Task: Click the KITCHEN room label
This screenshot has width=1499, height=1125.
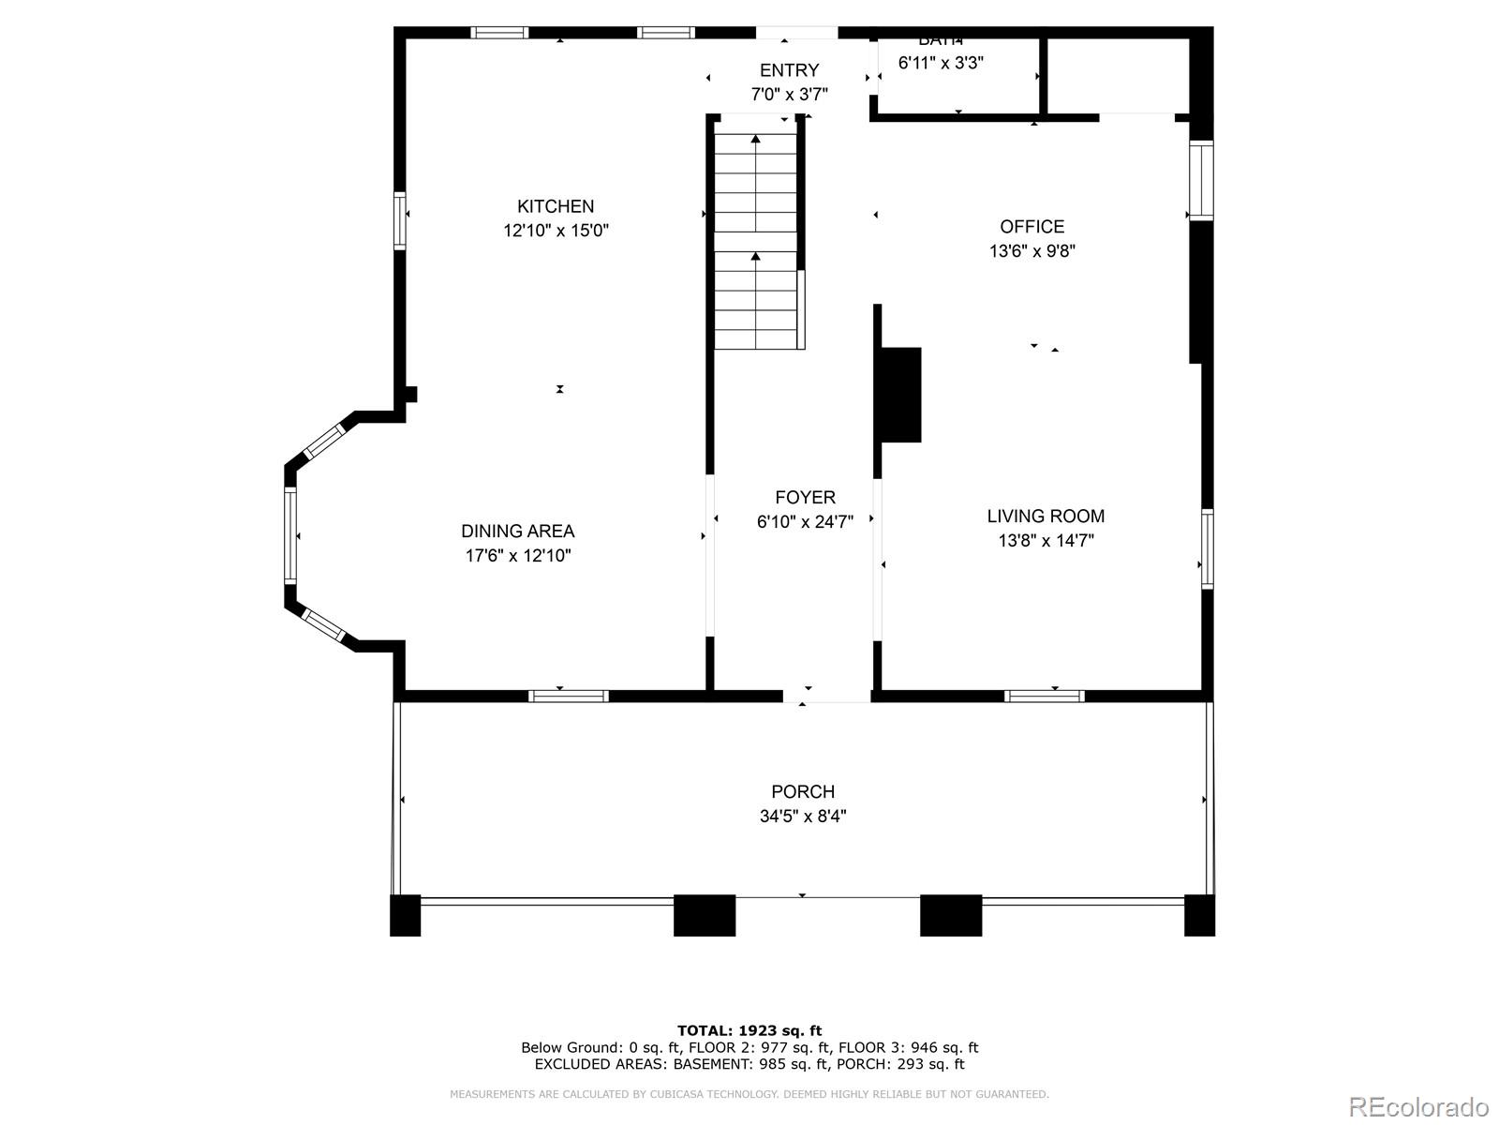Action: coord(556,206)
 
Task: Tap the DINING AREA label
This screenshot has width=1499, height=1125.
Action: coord(517,531)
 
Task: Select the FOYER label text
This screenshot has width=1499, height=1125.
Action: coord(805,497)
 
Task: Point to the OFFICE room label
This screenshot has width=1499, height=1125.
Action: coord(1031,226)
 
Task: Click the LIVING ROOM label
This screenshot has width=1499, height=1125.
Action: coord(1046,516)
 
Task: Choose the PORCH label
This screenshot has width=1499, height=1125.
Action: coord(803,791)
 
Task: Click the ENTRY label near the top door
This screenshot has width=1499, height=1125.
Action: coord(789,70)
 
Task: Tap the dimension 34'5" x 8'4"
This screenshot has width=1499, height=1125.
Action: coord(803,817)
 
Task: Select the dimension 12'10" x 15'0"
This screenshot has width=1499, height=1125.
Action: coord(556,231)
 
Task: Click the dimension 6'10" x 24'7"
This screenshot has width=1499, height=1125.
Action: coord(805,522)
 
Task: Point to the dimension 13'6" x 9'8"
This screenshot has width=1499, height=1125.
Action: coord(1031,251)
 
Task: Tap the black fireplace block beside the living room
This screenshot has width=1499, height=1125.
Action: coord(899,394)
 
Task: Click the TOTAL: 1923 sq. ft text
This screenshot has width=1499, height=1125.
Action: coord(749,1030)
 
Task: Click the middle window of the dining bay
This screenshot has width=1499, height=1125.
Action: coord(290,535)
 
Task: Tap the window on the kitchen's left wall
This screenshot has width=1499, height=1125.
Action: coord(400,220)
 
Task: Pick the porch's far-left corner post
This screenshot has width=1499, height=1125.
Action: coord(405,915)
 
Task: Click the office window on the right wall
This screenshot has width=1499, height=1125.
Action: coord(1201,180)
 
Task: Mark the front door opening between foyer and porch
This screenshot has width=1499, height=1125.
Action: coord(826,696)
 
